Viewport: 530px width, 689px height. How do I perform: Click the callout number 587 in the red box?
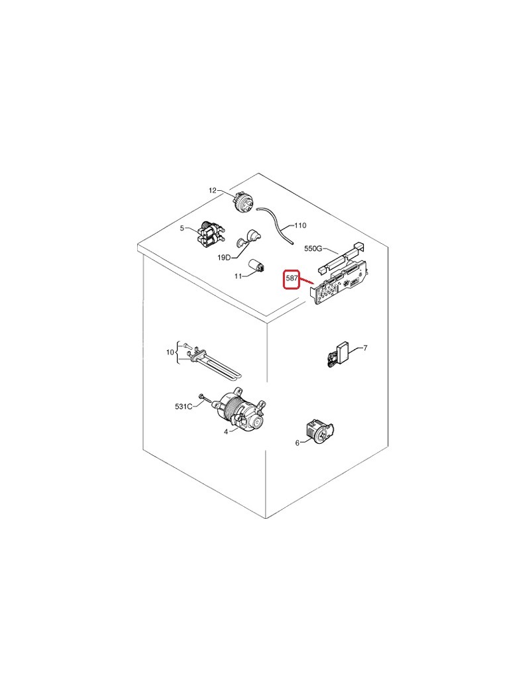coord(291,278)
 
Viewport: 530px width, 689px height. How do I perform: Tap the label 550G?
coord(313,248)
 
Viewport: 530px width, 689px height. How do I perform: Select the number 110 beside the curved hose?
coord(300,225)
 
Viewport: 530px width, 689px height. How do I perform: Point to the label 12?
coord(213,190)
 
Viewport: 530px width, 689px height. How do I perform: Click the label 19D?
coord(224,258)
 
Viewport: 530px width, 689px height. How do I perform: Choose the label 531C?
coord(184,407)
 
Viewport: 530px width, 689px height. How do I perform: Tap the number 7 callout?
coord(365,348)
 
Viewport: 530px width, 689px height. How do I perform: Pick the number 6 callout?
coord(297,443)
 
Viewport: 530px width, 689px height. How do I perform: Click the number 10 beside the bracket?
coord(170,352)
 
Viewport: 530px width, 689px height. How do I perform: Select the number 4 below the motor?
coord(226,432)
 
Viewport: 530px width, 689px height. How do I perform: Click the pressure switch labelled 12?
coord(243,201)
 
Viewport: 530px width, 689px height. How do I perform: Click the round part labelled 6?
coord(319,431)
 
